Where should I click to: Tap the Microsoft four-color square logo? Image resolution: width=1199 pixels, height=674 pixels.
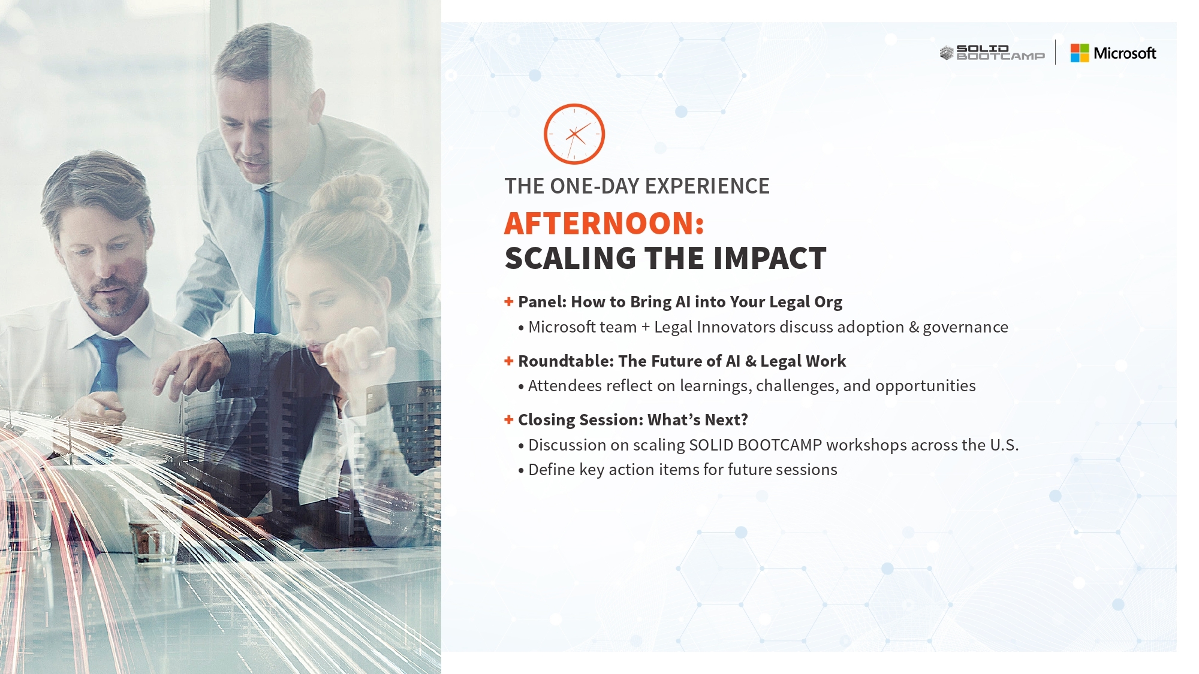(x=1080, y=53)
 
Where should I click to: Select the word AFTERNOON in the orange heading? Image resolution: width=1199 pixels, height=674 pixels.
(x=599, y=223)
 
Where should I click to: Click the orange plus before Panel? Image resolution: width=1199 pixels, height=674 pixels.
(x=509, y=301)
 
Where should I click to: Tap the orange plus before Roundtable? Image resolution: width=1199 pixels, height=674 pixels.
(x=509, y=361)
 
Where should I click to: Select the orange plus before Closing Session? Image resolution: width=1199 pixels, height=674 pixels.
(x=509, y=419)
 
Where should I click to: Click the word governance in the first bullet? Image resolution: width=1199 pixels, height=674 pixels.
(x=965, y=328)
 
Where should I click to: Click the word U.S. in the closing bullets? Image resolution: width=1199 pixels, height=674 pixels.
(x=1004, y=445)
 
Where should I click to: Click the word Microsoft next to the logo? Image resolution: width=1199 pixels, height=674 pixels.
(x=1125, y=53)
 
